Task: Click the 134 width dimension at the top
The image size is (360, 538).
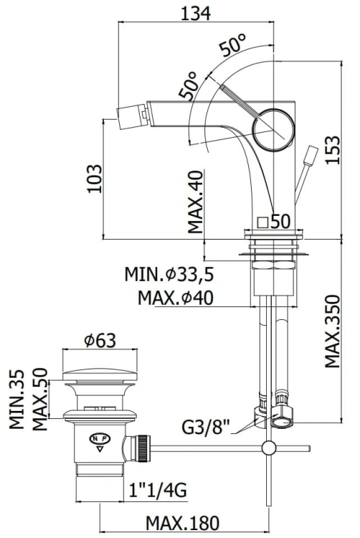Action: click(196, 14)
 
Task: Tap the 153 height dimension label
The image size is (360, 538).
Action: click(333, 150)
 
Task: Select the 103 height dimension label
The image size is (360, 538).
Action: click(94, 179)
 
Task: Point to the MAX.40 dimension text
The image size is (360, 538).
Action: click(196, 202)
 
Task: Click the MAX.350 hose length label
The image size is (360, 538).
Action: click(332, 331)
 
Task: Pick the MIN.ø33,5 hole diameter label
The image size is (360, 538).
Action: click(169, 275)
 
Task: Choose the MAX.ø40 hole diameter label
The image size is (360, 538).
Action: click(176, 298)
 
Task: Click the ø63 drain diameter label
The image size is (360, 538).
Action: click(100, 340)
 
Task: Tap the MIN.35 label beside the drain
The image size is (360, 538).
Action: click(16, 399)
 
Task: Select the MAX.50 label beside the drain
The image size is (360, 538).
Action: click(40, 399)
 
